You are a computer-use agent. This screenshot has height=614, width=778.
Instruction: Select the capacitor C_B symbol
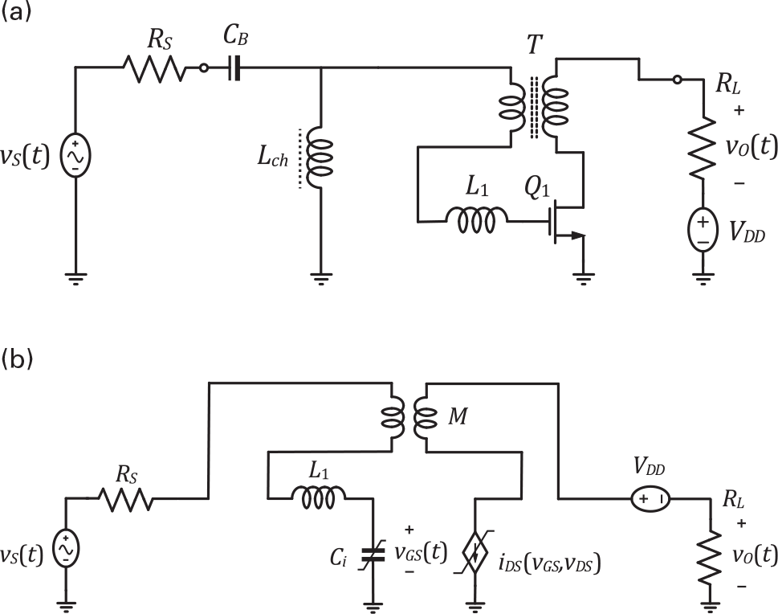click(234, 69)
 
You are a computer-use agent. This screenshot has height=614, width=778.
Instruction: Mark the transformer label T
click(532, 44)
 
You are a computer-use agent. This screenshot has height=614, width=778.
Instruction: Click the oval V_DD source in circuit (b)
click(649, 499)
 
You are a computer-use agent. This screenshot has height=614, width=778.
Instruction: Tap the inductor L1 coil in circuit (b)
click(324, 499)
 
